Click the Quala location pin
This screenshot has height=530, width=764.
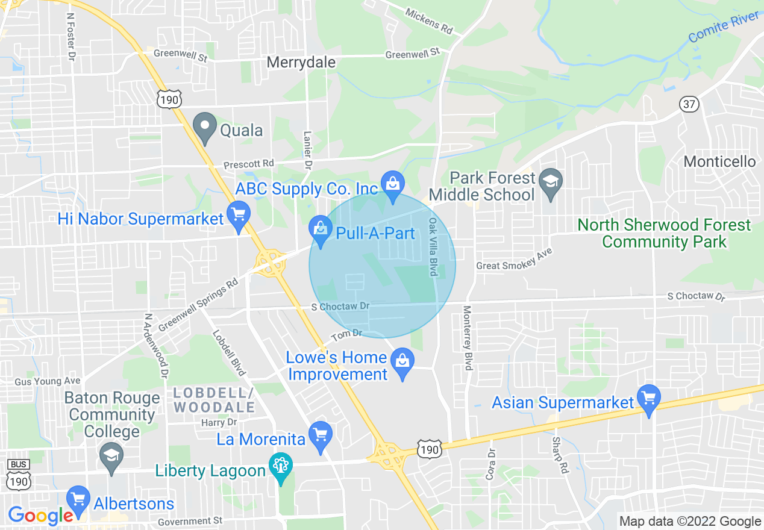(x=204, y=127)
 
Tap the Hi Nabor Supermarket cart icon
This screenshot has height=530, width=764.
(x=239, y=216)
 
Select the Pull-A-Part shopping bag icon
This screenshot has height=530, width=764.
(x=321, y=231)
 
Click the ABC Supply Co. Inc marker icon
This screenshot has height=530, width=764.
(x=393, y=185)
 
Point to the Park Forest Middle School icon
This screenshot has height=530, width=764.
(x=550, y=183)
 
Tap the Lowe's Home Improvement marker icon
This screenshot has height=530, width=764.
(x=401, y=364)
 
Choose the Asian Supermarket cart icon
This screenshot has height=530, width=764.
(x=649, y=399)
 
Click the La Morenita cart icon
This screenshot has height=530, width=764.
(x=320, y=436)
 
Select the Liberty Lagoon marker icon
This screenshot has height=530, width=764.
(x=281, y=467)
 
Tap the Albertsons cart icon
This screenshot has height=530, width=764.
(x=78, y=500)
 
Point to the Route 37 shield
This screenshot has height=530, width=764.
(x=689, y=104)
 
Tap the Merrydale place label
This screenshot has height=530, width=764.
(x=301, y=63)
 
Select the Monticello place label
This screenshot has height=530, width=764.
(x=719, y=161)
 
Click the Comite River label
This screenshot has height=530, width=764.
(x=723, y=28)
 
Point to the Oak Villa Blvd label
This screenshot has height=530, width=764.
(x=433, y=247)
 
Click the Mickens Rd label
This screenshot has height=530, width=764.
(x=428, y=20)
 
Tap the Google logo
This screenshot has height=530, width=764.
(x=40, y=516)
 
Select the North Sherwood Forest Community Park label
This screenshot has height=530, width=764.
(x=664, y=234)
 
